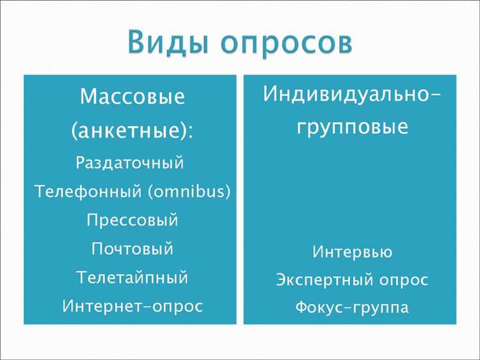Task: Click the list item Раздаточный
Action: (x=130, y=163)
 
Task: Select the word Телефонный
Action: (x=89, y=192)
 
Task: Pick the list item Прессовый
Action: (x=132, y=220)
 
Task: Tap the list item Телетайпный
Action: (x=132, y=278)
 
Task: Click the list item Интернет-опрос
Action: (x=132, y=306)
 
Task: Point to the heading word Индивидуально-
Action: (x=351, y=94)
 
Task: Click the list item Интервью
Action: (x=352, y=252)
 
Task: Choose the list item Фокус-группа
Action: (x=352, y=308)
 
